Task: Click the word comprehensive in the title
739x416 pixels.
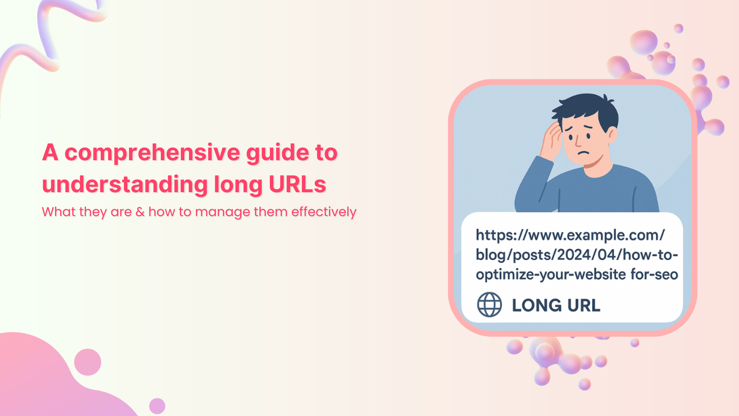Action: pyautogui.click(x=152, y=153)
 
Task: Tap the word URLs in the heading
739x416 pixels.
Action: pyautogui.click(x=297, y=185)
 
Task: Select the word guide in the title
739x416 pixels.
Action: pyautogui.click(x=277, y=153)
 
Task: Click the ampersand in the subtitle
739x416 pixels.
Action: pyautogui.click(x=140, y=212)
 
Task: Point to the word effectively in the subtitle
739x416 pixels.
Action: pyautogui.click(x=323, y=212)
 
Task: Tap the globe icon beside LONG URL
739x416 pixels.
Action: pyautogui.click(x=489, y=305)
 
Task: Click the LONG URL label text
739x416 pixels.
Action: pyautogui.click(x=556, y=305)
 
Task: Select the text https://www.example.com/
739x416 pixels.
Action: pyautogui.click(x=570, y=235)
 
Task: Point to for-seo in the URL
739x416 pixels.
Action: pyautogui.click(x=654, y=275)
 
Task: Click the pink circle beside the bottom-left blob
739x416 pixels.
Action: pyautogui.click(x=87, y=362)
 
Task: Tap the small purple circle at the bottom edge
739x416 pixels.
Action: pyautogui.click(x=157, y=406)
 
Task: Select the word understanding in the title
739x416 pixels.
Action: pyautogui.click(x=125, y=185)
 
